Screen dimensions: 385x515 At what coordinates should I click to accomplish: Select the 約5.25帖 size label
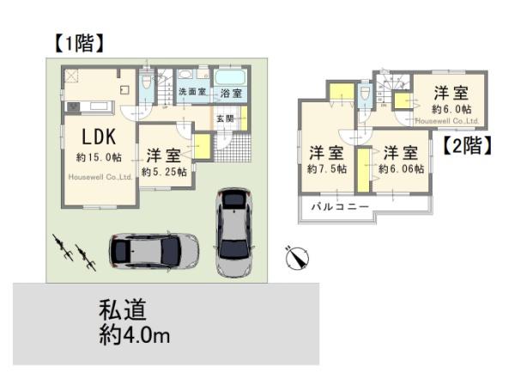pyautogui.click(x=163, y=172)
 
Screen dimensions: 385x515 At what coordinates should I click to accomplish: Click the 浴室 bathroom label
pyautogui.click(x=230, y=92)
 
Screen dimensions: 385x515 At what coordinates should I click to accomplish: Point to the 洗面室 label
pyautogui.click(x=191, y=91)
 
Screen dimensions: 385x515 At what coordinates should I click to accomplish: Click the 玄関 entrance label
pyautogui.click(x=225, y=119)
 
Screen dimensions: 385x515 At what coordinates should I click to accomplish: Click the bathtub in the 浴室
pyautogui.click(x=229, y=76)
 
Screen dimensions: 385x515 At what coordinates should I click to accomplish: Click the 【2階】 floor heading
pyautogui.click(x=467, y=145)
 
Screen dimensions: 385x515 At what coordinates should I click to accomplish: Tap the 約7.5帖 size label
pyautogui.click(x=327, y=169)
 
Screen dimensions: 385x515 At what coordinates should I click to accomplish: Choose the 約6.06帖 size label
pyautogui.click(x=401, y=169)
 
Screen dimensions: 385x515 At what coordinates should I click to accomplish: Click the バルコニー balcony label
pyautogui.click(x=340, y=207)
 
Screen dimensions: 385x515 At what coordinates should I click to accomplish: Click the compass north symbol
pyautogui.click(x=297, y=256)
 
